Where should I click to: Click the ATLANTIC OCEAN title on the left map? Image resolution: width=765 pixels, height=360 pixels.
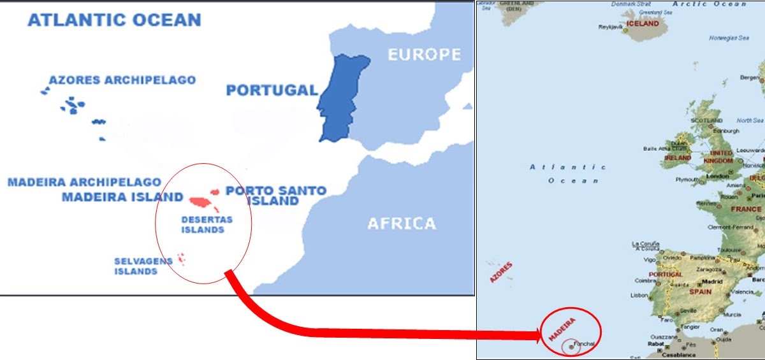coord(114,20)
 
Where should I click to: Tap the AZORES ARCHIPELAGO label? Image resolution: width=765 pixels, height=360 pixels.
coord(122,80)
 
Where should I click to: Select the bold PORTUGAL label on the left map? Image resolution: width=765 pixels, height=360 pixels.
coord(272,90)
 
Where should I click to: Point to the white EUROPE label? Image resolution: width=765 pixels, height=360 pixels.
coord(424,54)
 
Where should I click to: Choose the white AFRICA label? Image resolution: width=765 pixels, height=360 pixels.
coord(402,224)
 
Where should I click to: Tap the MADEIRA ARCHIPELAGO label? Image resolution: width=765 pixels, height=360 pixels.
coord(84,182)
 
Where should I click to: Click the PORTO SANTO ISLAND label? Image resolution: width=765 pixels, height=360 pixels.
coord(276,196)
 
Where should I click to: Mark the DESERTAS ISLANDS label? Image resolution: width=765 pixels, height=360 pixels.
coord(207,224)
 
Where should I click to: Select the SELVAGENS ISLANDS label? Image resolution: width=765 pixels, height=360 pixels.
coord(135,266)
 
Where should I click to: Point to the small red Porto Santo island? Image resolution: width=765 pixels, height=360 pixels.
coord(215,191)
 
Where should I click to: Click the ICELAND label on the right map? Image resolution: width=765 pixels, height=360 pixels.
coord(643,24)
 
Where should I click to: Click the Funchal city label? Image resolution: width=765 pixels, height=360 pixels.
coord(584,343)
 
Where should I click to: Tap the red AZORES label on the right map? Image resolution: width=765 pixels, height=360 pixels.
coord(501,272)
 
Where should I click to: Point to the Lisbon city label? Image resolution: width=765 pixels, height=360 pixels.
coord(639,295)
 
